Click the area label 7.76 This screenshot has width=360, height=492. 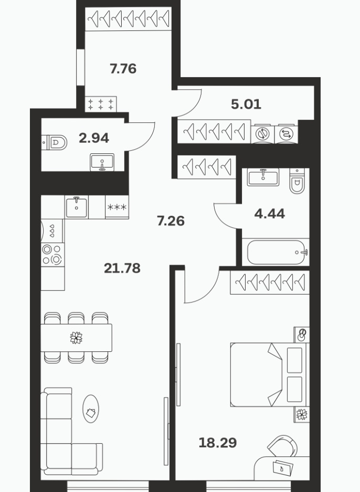point(123,68)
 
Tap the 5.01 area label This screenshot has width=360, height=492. point(246,104)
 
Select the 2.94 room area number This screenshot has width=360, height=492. point(94,138)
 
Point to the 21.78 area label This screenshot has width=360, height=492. point(122,268)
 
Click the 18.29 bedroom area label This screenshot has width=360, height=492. point(218,443)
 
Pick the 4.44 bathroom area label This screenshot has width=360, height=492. point(270,214)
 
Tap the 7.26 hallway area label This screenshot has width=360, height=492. point(171,221)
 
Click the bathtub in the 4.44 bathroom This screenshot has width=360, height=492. point(276,252)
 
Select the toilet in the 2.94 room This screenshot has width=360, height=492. point(55,143)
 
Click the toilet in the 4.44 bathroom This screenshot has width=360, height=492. point(297,181)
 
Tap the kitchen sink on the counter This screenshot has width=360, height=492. point(77,207)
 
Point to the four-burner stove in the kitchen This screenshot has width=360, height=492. point(52,255)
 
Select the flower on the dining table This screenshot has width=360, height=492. point(76,338)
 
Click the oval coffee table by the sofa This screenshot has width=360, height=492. point(91,409)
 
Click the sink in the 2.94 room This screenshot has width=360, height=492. point(102,162)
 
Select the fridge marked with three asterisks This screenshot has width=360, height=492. point(117,207)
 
